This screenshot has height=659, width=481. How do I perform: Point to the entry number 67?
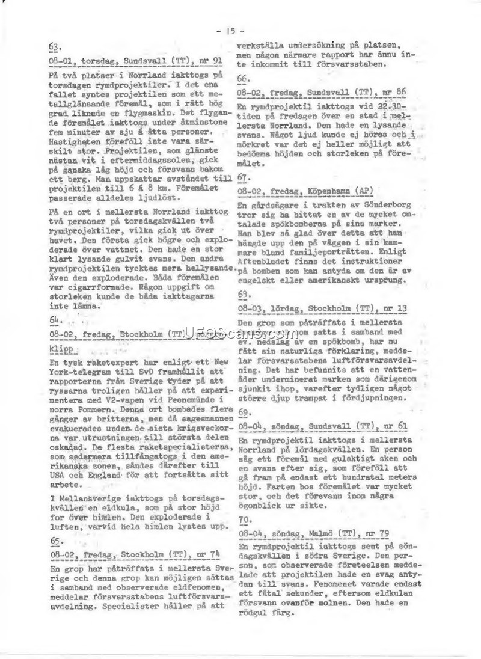pyautogui.click(x=244, y=179)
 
